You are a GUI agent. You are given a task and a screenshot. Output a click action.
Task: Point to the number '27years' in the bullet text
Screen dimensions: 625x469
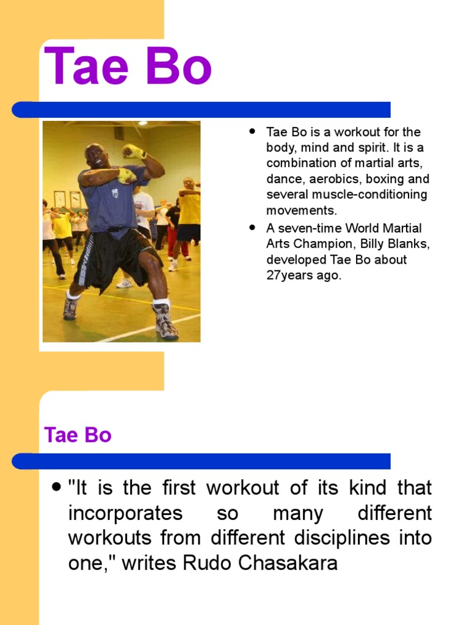[x=288, y=275]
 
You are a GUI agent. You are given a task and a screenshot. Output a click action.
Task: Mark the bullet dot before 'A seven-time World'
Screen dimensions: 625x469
[x=251, y=228]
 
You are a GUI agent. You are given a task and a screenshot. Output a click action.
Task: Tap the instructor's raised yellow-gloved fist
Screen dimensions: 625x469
[x=133, y=151]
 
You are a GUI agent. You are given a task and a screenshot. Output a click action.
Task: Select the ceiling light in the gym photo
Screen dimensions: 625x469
[x=142, y=123]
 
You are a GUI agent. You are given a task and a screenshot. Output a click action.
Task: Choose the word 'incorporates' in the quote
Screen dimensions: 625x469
[x=125, y=513]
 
